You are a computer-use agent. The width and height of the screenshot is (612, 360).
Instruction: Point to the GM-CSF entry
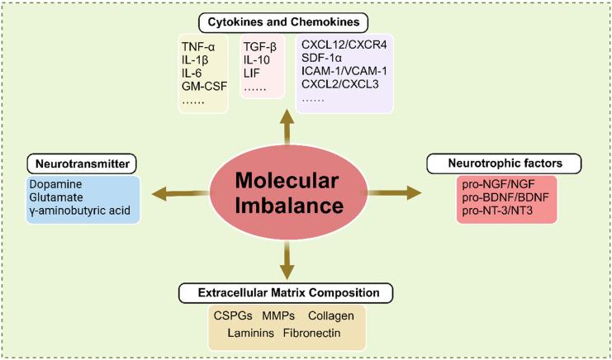(x=204, y=86)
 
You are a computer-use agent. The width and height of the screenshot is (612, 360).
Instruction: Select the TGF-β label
(x=260, y=47)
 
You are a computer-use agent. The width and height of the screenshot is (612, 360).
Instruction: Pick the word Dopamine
(x=55, y=184)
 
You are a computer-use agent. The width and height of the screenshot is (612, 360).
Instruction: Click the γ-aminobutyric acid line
(x=84, y=211)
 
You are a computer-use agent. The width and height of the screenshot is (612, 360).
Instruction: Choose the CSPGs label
(x=235, y=316)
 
